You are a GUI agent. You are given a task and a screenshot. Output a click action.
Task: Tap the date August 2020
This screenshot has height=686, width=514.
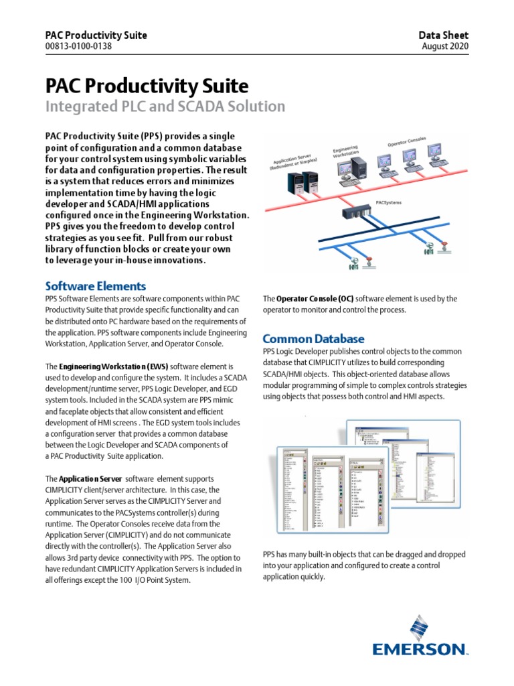(x=446, y=46)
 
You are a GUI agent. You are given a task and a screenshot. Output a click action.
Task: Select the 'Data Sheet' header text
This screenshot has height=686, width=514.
(x=443, y=35)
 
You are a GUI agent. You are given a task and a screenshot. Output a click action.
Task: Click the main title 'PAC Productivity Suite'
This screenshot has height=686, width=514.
(x=146, y=86)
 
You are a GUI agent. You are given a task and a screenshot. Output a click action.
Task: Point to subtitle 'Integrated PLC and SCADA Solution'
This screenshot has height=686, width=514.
(x=165, y=107)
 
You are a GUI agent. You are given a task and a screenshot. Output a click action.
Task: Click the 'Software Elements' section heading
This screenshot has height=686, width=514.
(x=95, y=286)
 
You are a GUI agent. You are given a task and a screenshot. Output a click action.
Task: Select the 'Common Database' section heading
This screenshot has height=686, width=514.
(x=313, y=338)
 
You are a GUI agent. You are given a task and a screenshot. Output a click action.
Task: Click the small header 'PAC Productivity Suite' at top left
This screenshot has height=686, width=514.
(x=96, y=35)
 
